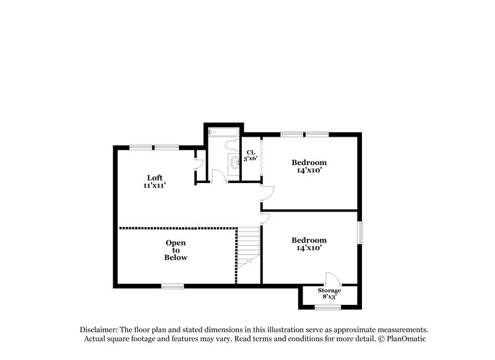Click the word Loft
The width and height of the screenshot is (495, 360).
click(x=154, y=178)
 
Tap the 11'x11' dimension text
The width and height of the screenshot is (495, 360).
click(x=154, y=185)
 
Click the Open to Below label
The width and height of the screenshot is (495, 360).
click(x=175, y=250)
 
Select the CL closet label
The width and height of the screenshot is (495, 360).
click(x=251, y=152)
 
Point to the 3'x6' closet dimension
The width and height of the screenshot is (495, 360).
click(x=251, y=160)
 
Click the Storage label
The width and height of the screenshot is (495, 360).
click(x=329, y=290)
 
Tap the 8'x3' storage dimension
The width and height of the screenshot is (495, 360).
click(x=329, y=297)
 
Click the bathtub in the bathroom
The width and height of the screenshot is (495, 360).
click(x=223, y=132)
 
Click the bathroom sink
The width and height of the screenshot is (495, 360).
click(x=234, y=163)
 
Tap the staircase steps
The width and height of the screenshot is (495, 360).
click(x=249, y=244)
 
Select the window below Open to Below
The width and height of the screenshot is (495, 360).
click(x=173, y=286)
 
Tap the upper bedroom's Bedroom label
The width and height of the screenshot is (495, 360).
click(x=309, y=163)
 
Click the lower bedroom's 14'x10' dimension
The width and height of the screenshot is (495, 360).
click(x=309, y=247)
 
